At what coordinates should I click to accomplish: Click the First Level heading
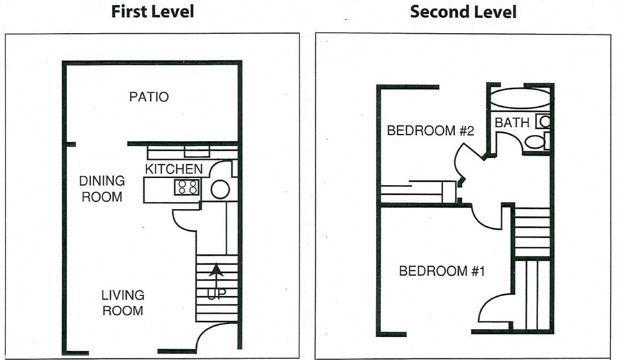click(152, 11)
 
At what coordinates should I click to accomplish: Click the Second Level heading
click(463, 11)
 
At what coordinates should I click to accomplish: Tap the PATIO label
click(149, 96)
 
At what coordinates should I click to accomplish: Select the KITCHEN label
click(174, 169)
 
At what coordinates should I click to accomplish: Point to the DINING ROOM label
click(102, 189)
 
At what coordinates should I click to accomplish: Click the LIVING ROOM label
click(122, 303)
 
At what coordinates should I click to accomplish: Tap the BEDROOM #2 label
click(430, 130)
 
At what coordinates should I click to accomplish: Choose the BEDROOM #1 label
click(442, 271)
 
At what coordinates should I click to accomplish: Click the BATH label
click(512, 122)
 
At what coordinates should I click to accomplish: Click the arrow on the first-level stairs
click(216, 272)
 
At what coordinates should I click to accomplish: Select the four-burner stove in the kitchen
click(187, 188)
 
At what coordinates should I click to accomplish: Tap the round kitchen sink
click(220, 189)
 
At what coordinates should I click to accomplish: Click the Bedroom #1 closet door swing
click(496, 309)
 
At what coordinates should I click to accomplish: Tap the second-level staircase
click(532, 232)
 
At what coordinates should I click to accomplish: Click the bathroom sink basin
click(545, 121)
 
